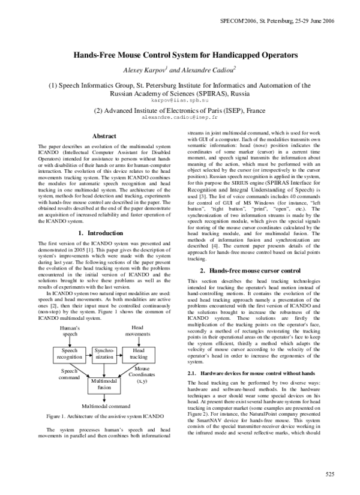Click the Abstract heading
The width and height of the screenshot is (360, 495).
[105, 137]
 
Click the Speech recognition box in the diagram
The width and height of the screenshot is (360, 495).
[70, 353]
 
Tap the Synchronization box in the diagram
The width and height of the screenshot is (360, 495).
[104, 353]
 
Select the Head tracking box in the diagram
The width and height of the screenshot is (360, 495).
[138, 353]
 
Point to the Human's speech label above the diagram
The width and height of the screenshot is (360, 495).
[70, 331]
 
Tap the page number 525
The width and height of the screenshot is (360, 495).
[329, 474]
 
